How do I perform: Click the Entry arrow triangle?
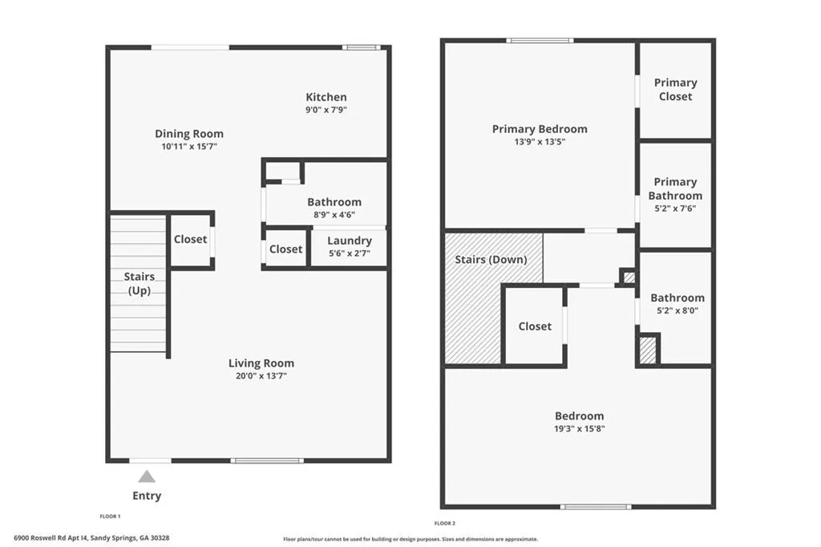(147, 476)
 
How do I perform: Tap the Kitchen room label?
(326, 97)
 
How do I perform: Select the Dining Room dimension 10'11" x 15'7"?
(189, 147)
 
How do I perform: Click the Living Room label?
(261, 363)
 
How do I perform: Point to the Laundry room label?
(350, 241)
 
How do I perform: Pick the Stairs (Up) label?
(140, 283)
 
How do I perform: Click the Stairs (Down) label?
(491, 259)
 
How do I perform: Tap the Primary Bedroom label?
(540, 128)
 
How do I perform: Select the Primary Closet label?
(675, 89)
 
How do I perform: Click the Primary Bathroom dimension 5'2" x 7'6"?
(675, 209)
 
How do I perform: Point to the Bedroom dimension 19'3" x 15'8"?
(579, 429)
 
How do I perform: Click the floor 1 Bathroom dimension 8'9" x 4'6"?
(334, 215)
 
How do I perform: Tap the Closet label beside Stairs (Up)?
(191, 239)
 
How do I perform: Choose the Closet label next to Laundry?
(285, 249)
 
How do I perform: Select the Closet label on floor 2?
(535, 326)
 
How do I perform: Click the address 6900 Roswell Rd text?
(92, 538)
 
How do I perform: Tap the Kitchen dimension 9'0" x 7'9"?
(326, 110)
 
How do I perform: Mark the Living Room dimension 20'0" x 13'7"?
(261, 375)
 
